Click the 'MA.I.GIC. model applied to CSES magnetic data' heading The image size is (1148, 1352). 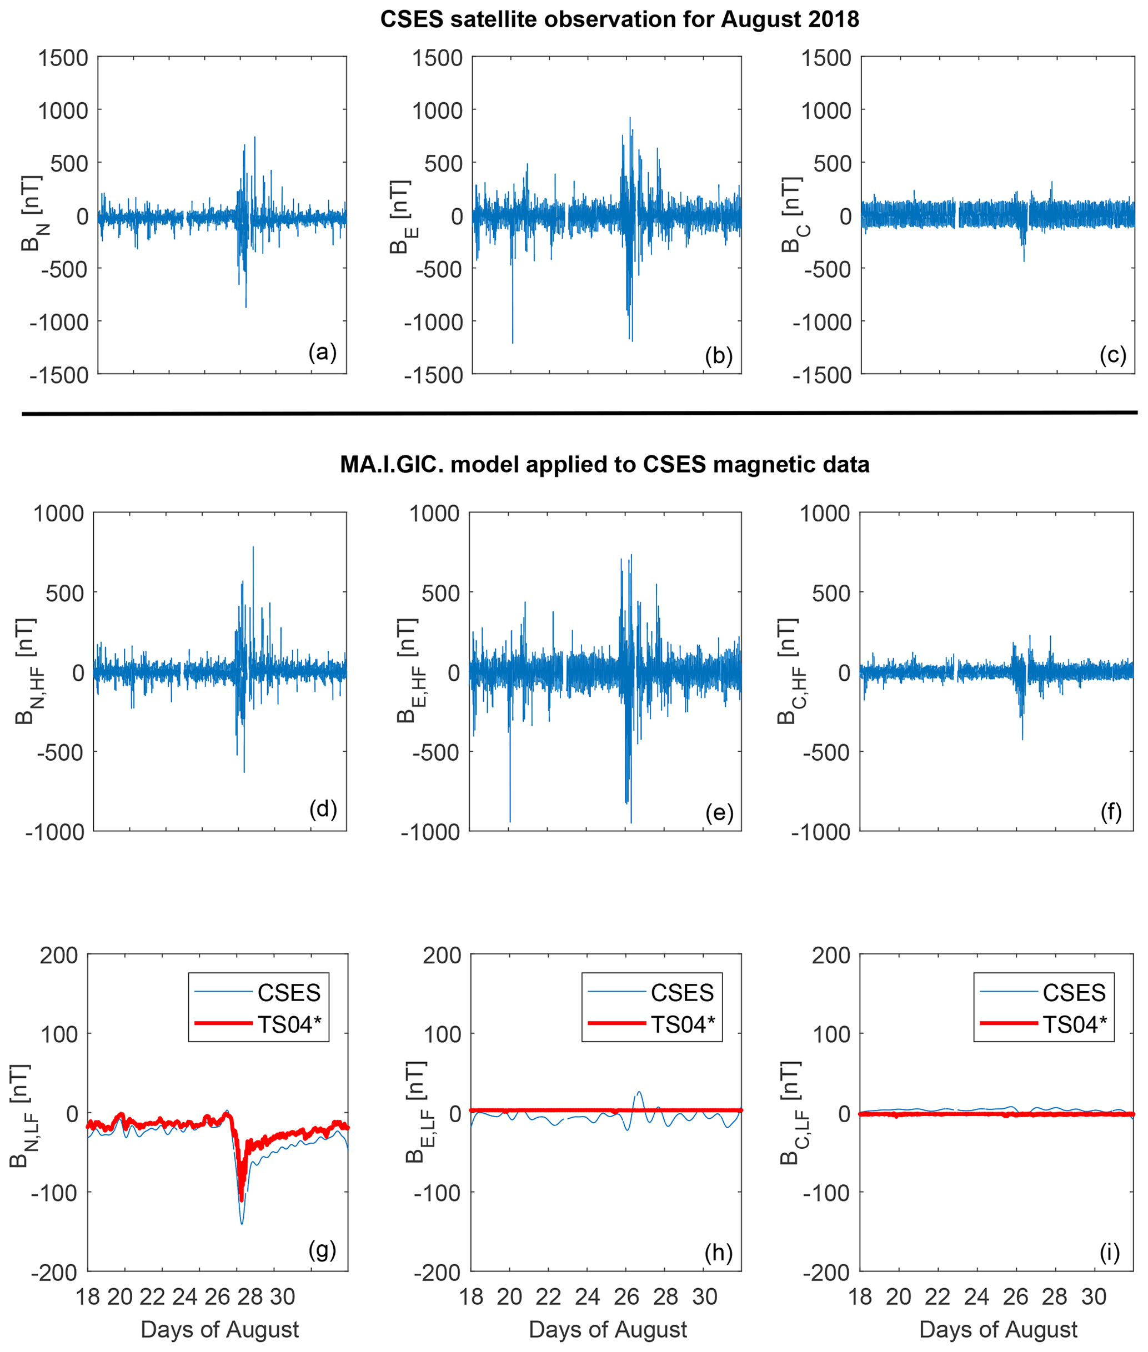605,465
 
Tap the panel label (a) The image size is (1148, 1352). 322,352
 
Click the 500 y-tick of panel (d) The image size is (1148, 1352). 64,593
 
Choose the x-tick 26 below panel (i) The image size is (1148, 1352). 1015,1296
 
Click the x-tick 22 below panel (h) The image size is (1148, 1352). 548,1296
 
